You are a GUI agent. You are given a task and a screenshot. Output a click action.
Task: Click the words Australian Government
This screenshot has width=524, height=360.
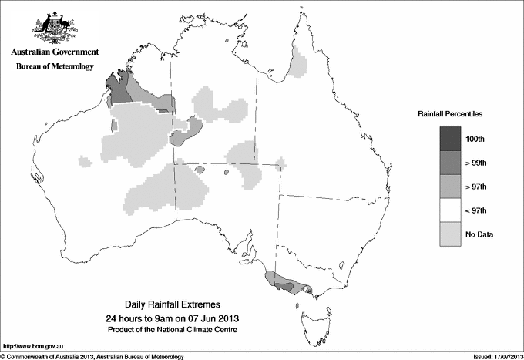[55, 52]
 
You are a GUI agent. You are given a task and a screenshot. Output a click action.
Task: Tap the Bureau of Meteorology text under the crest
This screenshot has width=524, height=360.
[55, 66]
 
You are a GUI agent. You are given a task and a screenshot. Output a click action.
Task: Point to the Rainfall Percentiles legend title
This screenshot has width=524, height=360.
[450, 113]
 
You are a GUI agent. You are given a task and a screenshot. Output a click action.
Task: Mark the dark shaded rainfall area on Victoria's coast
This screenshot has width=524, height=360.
[284, 286]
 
